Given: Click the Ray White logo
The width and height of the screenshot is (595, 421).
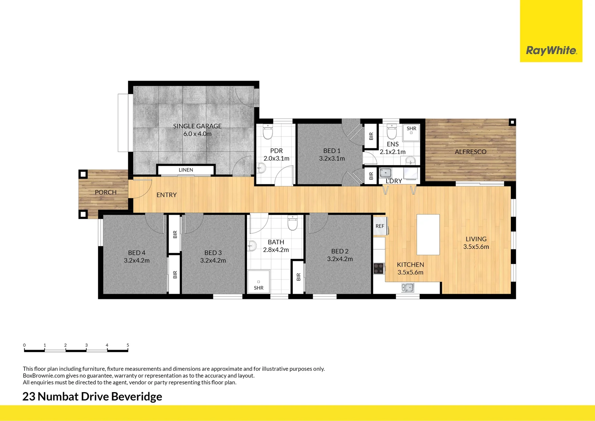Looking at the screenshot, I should [x=551, y=50].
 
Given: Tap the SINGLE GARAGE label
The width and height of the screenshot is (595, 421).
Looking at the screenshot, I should [x=197, y=126].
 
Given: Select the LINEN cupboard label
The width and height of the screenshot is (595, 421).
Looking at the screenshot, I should [x=186, y=170].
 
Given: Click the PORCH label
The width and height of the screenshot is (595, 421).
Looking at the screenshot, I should [x=106, y=192].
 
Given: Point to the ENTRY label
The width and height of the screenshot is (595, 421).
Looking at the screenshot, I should [x=166, y=195].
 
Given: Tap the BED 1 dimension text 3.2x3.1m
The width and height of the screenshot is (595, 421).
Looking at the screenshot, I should [x=332, y=159].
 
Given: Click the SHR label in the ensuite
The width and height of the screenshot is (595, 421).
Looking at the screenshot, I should [x=411, y=129].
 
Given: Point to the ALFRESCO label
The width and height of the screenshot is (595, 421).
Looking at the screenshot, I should [x=470, y=152].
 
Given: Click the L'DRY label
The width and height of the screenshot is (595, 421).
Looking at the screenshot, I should [x=394, y=181].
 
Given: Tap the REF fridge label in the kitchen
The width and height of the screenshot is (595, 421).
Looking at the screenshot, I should [x=380, y=226].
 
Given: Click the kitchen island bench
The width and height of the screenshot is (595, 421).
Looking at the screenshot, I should [x=428, y=234].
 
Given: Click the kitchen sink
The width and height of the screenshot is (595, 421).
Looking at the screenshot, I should [x=408, y=288].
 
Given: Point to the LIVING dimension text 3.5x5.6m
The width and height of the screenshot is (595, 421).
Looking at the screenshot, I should [x=476, y=247].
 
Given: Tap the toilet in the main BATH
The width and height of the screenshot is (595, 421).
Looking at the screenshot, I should [x=292, y=223].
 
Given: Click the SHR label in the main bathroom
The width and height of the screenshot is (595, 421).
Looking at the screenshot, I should [x=259, y=288].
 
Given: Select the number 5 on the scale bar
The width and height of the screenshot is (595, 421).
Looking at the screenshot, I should [x=128, y=345].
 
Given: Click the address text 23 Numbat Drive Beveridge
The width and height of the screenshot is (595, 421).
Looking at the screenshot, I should [x=92, y=396].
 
